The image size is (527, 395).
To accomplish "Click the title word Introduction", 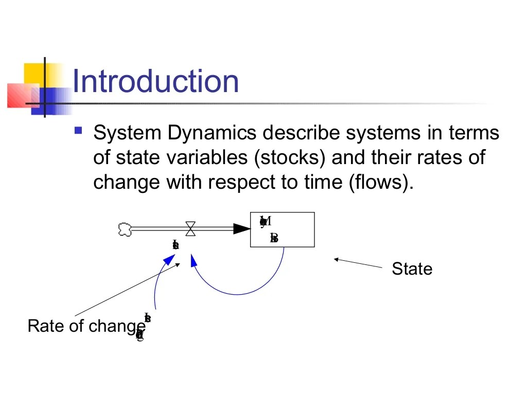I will (155, 81).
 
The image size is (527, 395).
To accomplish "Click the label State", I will (412, 268).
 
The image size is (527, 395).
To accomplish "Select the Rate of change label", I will (86, 326).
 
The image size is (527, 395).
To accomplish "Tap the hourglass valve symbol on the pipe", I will (190, 229).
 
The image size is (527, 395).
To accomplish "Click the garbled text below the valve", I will (175, 245).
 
